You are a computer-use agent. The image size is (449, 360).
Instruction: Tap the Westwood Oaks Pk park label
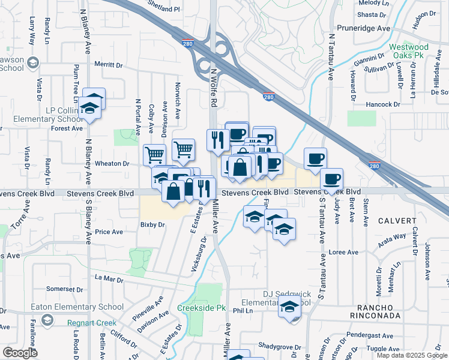click(x=408, y=52)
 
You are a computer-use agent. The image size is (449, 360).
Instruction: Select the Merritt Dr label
click(x=108, y=65)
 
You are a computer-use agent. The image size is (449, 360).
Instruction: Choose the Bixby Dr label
click(x=152, y=224)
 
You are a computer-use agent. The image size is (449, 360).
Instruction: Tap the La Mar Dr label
click(x=109, y=279)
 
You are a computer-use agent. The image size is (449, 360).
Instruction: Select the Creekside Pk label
click(x=201, y=308)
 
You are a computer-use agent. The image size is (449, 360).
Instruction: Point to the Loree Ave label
click(x=344, y=253)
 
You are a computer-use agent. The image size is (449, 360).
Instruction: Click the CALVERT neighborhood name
click(x=397, y=221)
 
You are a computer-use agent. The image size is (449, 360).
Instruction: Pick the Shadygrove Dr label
click(x=280, y=347)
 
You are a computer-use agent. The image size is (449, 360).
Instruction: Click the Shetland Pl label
click(x=164, y=9)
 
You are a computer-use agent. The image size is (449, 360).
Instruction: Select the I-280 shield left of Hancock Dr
click(x=268, y=96)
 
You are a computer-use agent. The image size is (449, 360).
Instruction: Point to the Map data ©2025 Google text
click(x=412, y=355)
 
